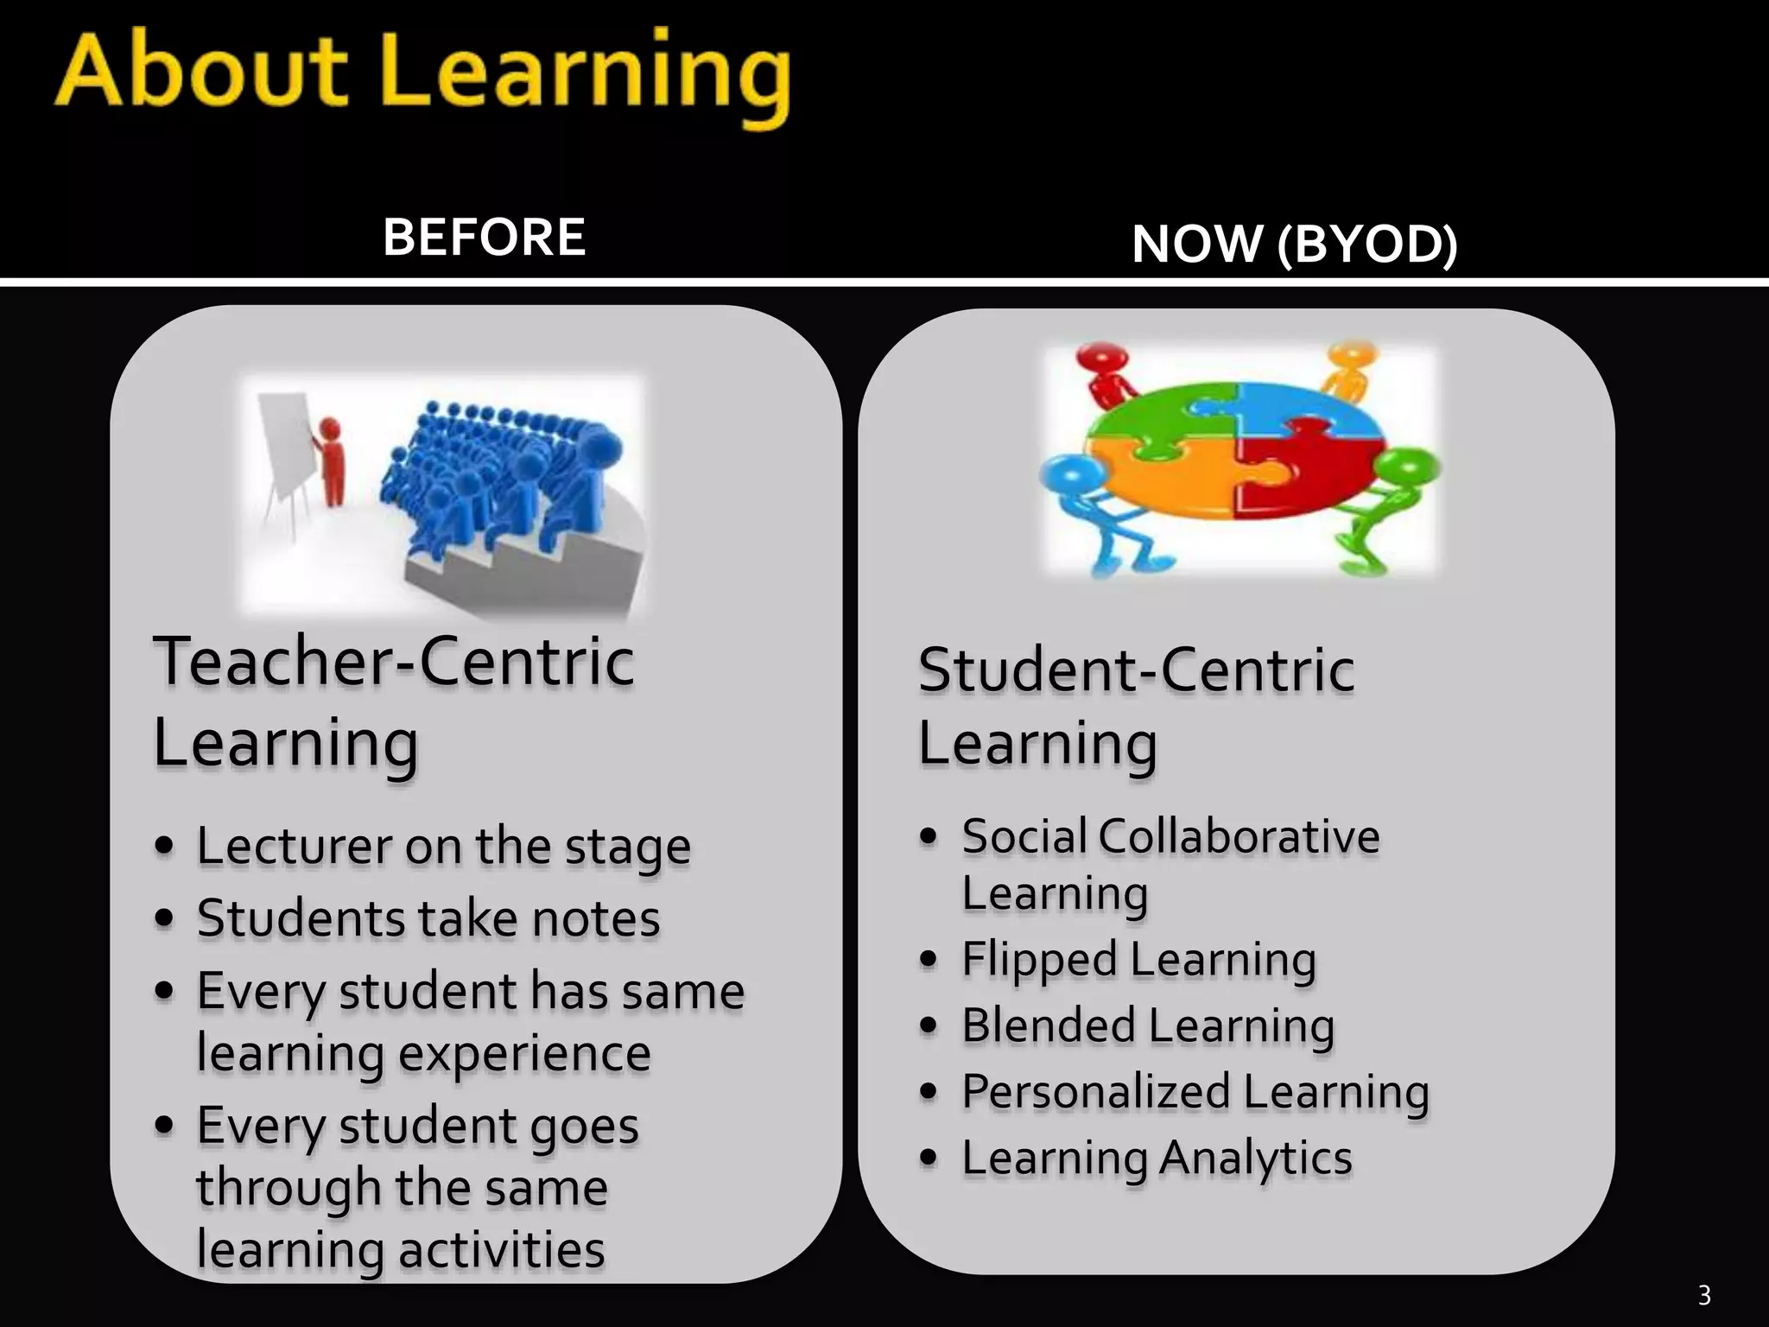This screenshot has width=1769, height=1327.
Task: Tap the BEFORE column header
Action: pos(484,237)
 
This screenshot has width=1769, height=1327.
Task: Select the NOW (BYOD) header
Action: pos(1294,244)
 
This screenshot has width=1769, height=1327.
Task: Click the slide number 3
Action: pos(1703,1295)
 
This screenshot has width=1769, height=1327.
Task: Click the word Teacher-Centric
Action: pos(394,662)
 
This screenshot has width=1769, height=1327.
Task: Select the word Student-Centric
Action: pos(1135,670)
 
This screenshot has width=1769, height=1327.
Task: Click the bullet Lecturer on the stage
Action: pos(442,846)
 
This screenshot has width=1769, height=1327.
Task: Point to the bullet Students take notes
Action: pos(428,917)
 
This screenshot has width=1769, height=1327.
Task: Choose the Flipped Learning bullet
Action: pos(1138,960)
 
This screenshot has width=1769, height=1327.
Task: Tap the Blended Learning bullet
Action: pos(1148,1026)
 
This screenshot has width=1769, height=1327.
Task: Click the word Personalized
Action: pos(1095,1092)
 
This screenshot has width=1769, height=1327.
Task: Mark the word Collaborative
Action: pos(1239,836)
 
